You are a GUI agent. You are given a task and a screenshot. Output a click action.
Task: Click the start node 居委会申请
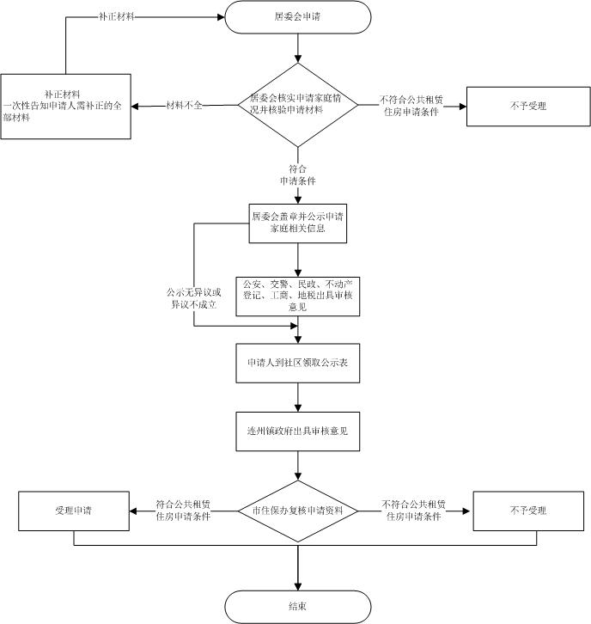coord(297,16)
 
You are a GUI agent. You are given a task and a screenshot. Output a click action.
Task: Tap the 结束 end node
coord(297,605)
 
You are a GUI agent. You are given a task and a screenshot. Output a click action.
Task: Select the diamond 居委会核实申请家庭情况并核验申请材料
coord(297,105)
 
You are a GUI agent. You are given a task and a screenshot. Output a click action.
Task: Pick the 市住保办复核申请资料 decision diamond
coord(297,511)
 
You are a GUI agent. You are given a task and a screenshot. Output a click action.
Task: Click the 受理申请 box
coord(73,511)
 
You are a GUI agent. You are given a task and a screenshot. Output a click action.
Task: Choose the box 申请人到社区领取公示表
coord(297,364)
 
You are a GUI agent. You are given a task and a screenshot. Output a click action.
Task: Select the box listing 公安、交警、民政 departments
coord(297,295)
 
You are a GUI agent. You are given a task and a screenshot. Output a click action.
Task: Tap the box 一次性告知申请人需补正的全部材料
coord(65,106)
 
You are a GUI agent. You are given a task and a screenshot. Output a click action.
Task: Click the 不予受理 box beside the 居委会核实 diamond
coord(527,106)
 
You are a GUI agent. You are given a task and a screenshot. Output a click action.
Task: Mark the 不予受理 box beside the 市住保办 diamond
coord(527,511)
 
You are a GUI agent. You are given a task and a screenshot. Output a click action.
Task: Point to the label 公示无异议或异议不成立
coord(193,298)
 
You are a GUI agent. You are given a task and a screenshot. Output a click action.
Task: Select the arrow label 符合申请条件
coord(297,175)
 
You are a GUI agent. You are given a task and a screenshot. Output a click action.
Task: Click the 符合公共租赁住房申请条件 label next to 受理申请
coord(184,511)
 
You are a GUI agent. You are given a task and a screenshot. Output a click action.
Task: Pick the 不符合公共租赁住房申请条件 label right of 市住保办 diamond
coord(413,511)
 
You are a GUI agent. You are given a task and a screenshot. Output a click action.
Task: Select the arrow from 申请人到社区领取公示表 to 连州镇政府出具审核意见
coord(297,397)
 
